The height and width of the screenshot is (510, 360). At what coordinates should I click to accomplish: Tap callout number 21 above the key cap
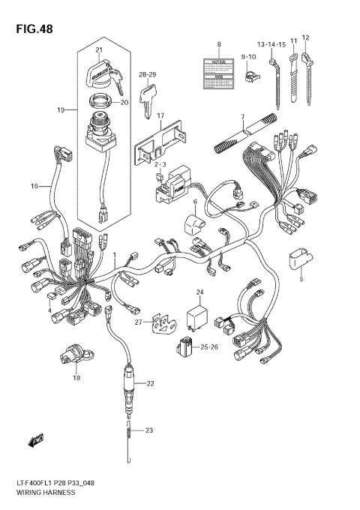[98, 51]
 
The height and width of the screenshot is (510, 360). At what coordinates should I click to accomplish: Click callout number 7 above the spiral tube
[242, 117]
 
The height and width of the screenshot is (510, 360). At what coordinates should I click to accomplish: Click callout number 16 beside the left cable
[34, 185]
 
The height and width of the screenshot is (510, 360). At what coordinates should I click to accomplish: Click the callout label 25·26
[210, 347]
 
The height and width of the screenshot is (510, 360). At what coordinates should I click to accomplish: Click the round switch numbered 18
[74, 358]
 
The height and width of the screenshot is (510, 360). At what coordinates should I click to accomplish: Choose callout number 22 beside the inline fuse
[150, 383]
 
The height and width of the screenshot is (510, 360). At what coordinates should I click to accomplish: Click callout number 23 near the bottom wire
[150, 430]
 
